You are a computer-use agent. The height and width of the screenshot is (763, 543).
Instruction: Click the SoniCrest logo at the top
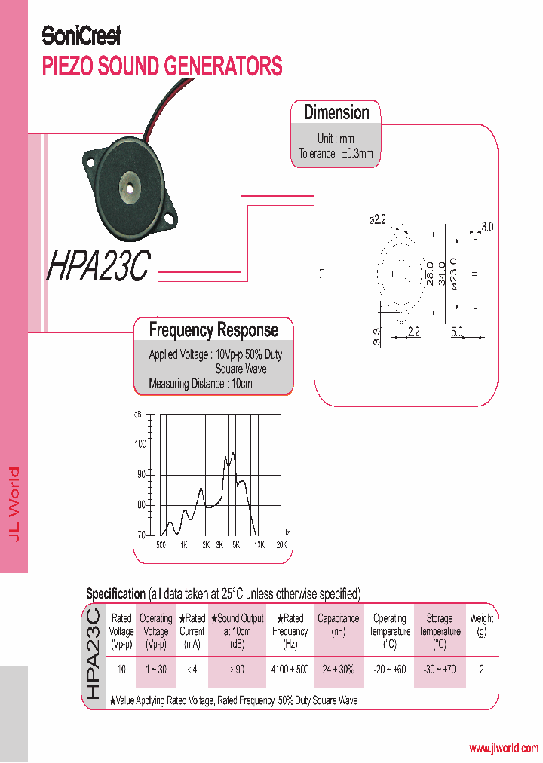point(81,35)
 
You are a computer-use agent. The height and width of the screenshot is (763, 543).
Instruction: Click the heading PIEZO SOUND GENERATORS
point(162,66)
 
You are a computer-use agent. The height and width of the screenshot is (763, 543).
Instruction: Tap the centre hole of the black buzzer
point(133,184)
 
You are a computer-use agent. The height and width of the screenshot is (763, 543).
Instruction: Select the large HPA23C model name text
point(99,265)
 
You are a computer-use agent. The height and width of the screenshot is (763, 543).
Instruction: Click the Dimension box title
point(336,113)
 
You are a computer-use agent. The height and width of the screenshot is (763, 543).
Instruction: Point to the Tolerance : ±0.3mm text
point(336,154)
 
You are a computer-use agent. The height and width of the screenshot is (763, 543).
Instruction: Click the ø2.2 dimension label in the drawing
point(377,220)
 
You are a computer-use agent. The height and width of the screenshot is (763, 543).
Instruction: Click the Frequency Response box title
point(213,330)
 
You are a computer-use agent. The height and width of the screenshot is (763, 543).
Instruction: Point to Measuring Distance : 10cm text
point(201,384)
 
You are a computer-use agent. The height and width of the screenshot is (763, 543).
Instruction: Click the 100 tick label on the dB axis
point(140,443)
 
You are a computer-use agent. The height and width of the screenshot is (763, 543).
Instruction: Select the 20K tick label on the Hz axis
point(281,544)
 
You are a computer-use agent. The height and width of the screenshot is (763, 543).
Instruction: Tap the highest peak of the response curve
point(233,454)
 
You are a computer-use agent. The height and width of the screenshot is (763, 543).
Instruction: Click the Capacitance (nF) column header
point(338,625)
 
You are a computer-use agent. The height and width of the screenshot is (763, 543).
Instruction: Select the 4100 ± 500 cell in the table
point(290,670)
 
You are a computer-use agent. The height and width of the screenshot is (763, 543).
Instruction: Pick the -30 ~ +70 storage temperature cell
point(440,670)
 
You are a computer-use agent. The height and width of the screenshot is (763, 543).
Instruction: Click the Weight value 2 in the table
point(482,670)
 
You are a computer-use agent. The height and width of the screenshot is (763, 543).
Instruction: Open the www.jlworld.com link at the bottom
point(504,749)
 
